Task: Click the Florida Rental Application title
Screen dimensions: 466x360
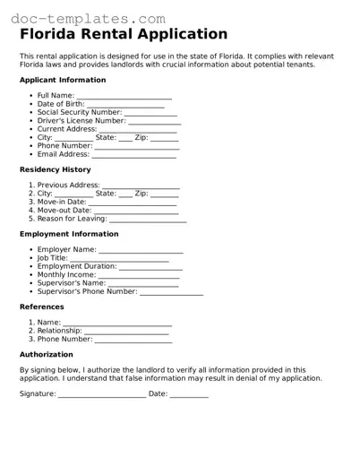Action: point(124,35)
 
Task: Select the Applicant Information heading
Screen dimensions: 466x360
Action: point(63,80)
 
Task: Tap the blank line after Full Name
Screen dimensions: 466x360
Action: point(124,97)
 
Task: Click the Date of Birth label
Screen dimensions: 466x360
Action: point(62,104)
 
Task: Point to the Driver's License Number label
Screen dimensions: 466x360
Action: point(81,120)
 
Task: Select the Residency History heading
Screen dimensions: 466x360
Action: point(55,169)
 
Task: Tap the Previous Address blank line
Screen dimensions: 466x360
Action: point(141,186)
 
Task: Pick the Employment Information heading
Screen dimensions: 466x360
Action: point(69,234)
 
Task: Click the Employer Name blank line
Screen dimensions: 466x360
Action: point(141,251)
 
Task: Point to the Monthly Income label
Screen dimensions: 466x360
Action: point(66,274)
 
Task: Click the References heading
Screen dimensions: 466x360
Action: point(41,306)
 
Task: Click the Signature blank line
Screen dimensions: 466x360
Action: point(101,395)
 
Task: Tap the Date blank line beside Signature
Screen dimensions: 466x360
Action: point(189,395)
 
